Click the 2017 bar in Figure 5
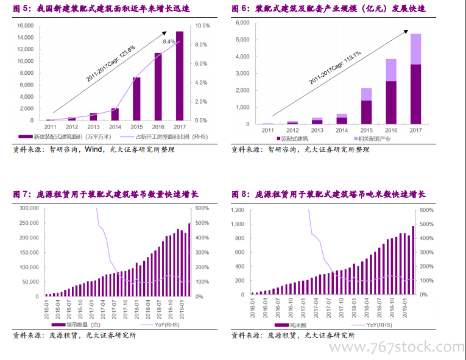180,76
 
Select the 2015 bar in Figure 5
136,99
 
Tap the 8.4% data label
169,41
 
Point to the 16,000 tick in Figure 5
26,26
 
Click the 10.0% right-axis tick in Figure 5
203,26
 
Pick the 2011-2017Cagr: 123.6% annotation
111,63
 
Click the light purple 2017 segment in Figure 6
415,49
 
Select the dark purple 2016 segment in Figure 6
391,102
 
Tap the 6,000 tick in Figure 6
242,23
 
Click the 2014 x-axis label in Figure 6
342,130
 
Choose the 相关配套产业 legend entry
372,139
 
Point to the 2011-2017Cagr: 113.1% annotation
335,68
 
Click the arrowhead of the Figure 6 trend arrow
406,32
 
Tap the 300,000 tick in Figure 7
29,208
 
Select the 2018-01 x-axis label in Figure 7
136,309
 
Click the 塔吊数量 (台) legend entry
76,325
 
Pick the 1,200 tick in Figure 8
238,210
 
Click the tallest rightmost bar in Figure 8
413,261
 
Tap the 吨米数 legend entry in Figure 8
291,325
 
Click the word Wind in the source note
94,149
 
